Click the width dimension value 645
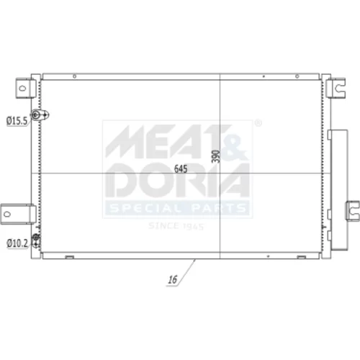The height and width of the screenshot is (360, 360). [x=181, y=168]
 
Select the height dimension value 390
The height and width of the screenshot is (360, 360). [x=216, y=156]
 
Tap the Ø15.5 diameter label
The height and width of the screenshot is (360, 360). [x=17, y=121]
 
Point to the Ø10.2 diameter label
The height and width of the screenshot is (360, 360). [x=17, y=243]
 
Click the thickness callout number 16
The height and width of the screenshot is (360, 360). [x=172, y=279]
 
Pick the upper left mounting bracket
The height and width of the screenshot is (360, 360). [x=26, y=88]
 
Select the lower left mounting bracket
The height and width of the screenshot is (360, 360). [x=18, y=214]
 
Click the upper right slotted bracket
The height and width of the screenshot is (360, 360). [x=336, y=87]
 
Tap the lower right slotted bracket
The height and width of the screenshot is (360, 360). [x=353, y=211]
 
